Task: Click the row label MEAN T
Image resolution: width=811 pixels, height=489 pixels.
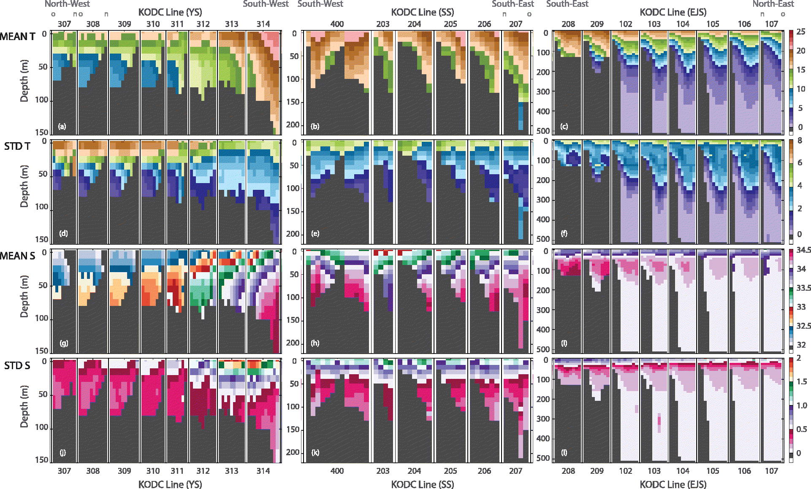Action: pos(18,37)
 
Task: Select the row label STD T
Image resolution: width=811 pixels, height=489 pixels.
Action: pos(17,146)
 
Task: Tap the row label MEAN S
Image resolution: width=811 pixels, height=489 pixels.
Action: pos(18,256)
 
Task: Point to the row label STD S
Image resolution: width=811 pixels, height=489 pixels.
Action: pos(17,365)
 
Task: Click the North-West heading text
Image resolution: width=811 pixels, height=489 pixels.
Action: pos(68,4)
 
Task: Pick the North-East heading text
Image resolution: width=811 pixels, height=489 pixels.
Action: pos(773,4)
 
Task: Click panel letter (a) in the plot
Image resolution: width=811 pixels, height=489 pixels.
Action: pos(62,126)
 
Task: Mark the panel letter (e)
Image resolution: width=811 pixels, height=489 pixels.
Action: pos(315,233)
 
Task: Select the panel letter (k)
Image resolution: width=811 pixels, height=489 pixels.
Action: pos(315,453)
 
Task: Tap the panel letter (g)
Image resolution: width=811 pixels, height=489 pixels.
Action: pos(64,343)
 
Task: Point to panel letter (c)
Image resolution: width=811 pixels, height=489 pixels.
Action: pos(564,126)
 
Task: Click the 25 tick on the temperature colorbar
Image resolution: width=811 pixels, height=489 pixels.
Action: pos(801,32)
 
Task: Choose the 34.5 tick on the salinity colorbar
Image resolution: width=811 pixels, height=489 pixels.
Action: pos(803,250)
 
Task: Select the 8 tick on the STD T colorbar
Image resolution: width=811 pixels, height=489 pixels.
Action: pos(799,140)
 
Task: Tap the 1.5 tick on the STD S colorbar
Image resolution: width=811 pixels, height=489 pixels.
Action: pos(801,382)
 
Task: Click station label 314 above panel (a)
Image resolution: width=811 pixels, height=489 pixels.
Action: pos(263,24)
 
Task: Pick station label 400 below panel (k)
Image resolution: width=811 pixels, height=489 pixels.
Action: pos(337,471)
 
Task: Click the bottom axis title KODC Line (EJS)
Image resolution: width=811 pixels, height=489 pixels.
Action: pos(673,484)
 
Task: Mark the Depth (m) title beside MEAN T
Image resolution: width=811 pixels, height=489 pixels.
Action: pos(24,83)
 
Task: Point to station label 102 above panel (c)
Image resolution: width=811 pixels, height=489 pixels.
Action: pos(626,24)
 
